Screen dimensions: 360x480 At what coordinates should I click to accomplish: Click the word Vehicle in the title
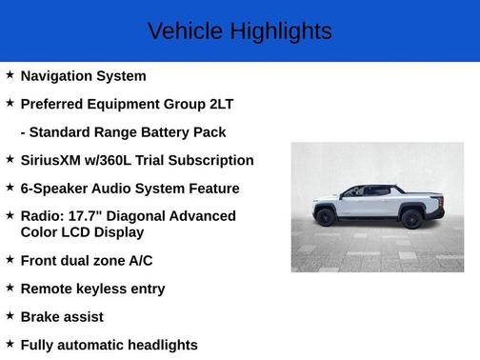[x=185, y=31]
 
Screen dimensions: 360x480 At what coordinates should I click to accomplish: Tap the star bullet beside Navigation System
[x=10, y=74]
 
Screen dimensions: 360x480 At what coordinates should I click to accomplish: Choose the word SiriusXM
[x=55, y=160]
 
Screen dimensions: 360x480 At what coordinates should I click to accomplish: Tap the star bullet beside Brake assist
[x=10, y=315]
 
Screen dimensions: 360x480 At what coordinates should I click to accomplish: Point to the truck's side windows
[x=365, y=191]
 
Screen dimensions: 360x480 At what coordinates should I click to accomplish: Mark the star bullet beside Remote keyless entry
[x=10, y=288]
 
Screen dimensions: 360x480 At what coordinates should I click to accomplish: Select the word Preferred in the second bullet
[x=55, y=104]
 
